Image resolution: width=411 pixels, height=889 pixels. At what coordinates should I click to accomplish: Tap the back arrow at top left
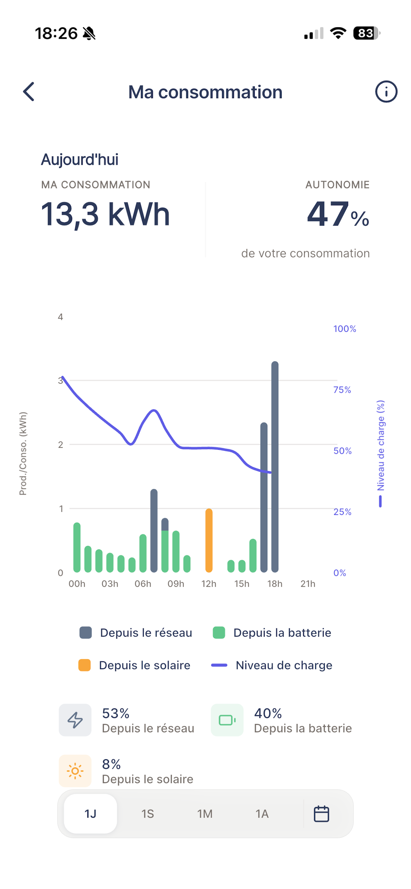click(29, 92)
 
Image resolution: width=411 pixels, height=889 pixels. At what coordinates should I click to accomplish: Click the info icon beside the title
click(386, 92)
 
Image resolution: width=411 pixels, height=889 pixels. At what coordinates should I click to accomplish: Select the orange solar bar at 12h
click(208, 540)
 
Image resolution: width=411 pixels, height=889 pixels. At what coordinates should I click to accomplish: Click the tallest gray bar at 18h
click(275, 467)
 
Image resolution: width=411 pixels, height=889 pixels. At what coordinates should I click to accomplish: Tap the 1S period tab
click(148, 814)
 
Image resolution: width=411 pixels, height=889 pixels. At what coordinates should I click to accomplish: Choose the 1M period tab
click(205, 814)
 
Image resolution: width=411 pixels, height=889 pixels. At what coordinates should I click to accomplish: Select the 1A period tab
click(262, 814)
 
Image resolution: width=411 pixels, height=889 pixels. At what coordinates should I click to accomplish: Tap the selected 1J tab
click(90, 814)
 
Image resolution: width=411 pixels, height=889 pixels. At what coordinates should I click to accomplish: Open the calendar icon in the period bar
click(321, 814)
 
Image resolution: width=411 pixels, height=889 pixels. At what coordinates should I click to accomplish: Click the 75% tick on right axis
click(342, 390)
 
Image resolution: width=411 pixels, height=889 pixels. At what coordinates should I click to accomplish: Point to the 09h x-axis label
click(176, 584)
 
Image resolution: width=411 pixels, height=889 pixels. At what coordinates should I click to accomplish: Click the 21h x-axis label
click(308, 584)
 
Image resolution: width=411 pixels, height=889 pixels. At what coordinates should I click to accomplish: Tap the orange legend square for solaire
click(85, 665)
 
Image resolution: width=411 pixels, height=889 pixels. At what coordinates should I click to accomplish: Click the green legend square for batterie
click(219, 633)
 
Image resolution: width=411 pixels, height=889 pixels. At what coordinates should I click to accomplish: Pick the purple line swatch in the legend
click(219, 665)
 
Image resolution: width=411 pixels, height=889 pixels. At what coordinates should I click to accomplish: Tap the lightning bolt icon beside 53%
click(75, 720)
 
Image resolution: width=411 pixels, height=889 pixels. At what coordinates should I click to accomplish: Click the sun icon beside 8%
click(75, 771)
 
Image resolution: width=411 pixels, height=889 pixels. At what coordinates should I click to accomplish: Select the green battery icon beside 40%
click(227, 720)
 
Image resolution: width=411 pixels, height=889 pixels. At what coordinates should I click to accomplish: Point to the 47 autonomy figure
click(328, 214)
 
